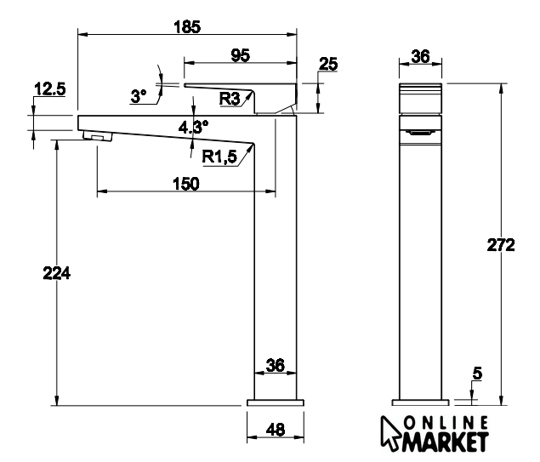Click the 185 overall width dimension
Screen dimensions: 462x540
[x=187, y=26]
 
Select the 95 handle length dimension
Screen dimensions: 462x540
[x=241, y=56]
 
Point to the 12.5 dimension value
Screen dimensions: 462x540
[x=50, y=88]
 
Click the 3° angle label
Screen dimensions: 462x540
[x=139, y=97]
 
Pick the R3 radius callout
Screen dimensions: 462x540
[x=229, y=99]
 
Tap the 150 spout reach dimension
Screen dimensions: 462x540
[x=185, y=184]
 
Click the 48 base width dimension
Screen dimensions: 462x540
[x=275, y=430]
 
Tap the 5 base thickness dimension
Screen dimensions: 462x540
[x=478, y=372]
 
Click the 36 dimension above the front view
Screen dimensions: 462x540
[x=420, y=56]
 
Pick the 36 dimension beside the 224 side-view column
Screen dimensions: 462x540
[x=275, y=365]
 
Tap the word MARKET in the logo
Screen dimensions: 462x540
[x=447, y=441]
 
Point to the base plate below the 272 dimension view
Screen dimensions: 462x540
[x=420, y=402]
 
